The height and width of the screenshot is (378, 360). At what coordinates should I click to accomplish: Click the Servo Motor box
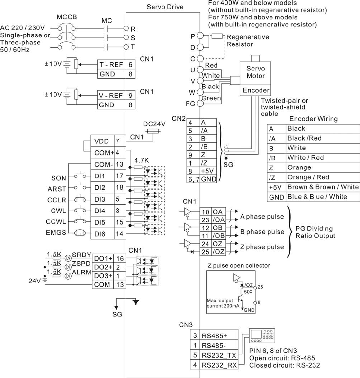coord(256,72)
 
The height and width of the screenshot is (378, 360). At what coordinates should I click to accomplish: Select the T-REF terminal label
coord(110,64)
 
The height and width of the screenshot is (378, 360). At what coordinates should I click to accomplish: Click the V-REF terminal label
coord(110,95)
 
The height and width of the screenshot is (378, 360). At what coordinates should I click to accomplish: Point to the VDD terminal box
coord(102,142)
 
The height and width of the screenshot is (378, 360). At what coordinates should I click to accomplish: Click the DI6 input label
coord(100,234)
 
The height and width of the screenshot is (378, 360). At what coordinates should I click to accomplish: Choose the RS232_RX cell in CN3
coord(219,365)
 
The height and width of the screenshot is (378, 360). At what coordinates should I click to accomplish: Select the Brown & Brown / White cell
coord(322,187)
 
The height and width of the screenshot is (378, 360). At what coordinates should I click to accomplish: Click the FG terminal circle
coord(200,103)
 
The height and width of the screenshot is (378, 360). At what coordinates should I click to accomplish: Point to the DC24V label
coord(154,124)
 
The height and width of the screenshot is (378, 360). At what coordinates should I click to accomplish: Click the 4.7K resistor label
coord(142,161)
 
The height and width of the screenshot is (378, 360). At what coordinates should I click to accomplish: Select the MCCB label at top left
coord(68,18)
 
